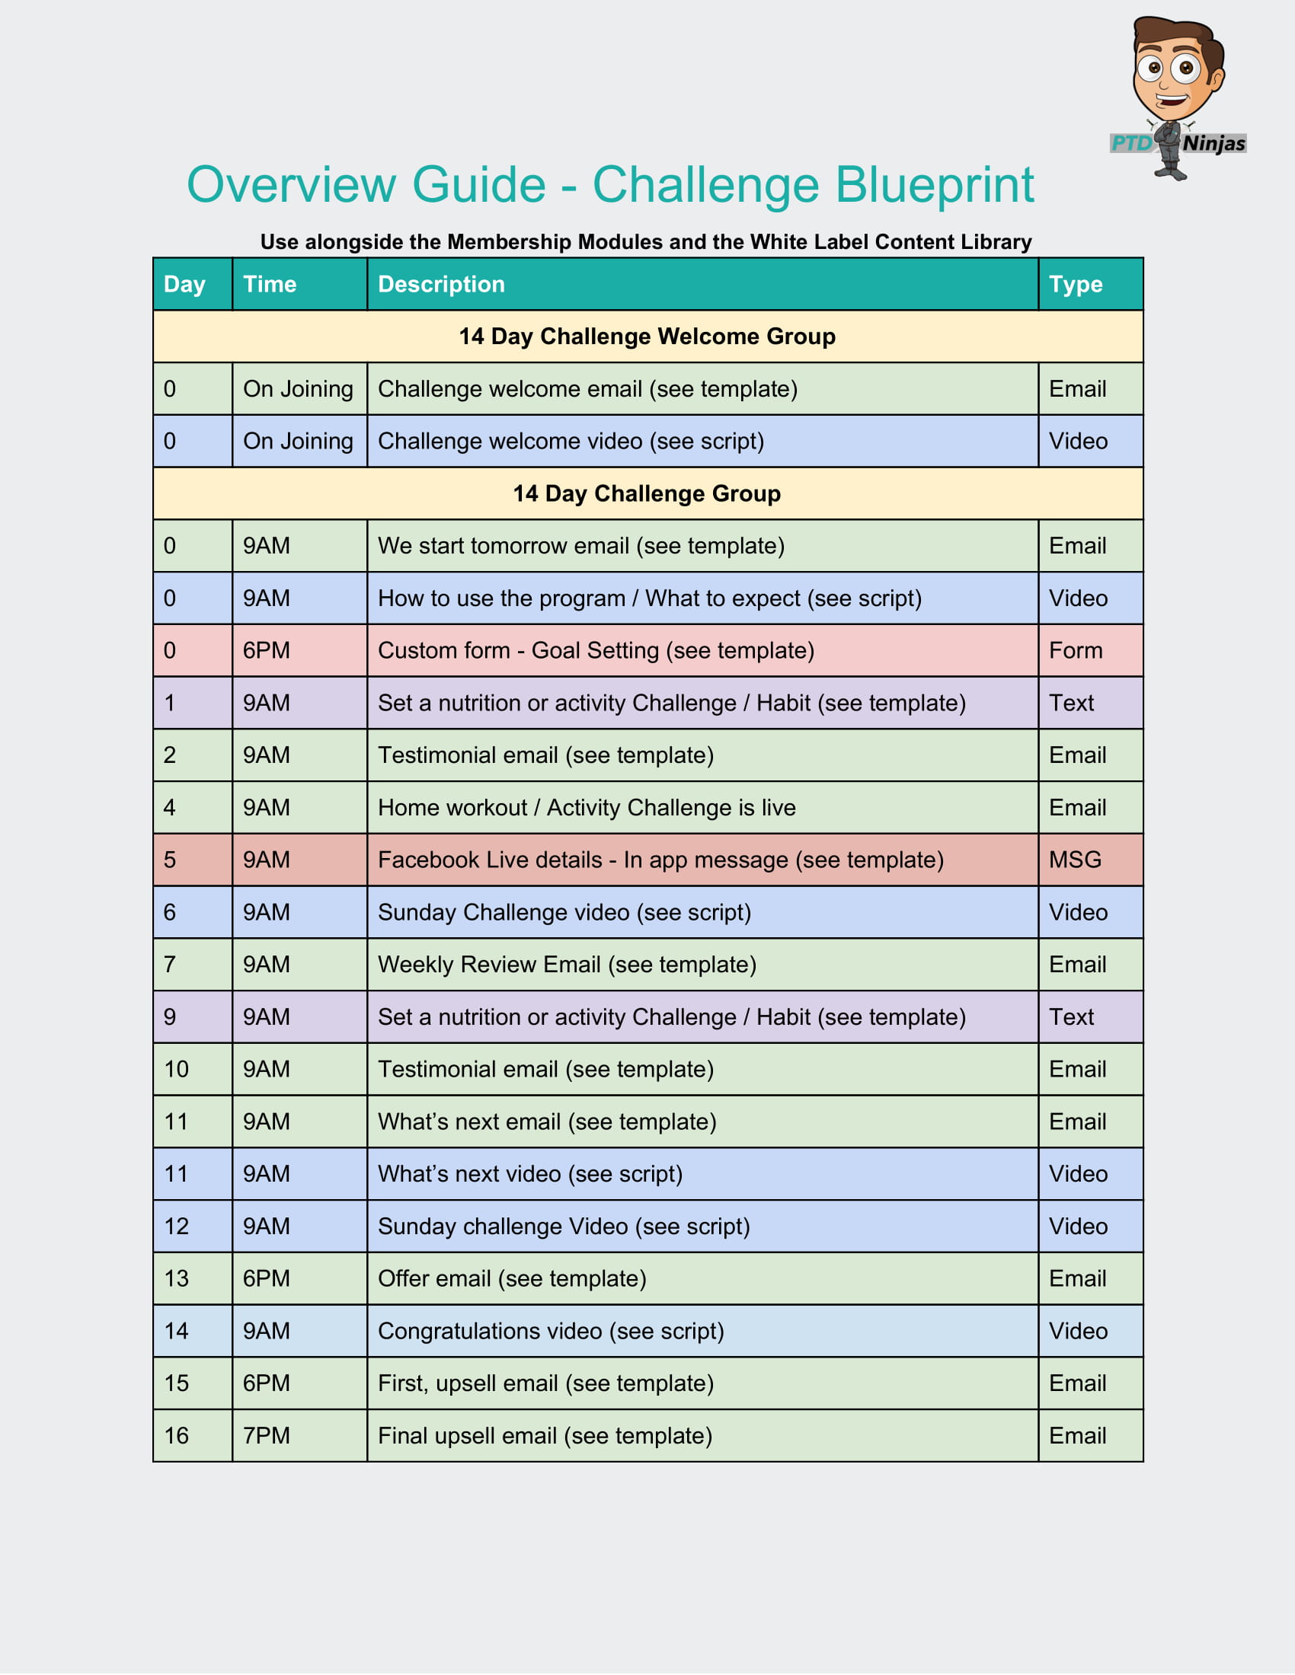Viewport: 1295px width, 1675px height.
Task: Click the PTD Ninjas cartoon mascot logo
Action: pos(1178,96)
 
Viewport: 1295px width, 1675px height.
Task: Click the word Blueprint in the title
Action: pos(934,185)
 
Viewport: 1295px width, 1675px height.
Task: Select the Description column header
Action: pos(441,285)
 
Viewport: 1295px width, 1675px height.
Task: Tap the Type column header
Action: pos(1076,285)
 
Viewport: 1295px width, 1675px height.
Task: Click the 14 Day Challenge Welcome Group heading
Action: pos(647,337)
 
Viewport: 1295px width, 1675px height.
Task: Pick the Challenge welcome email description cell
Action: pos(587,390)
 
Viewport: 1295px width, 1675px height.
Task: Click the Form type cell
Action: pos(1076,651)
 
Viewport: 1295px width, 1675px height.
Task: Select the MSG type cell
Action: pos(1075,860)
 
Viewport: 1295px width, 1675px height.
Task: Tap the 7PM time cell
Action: pos(266,1437)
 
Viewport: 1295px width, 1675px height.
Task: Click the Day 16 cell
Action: pos(177,1437)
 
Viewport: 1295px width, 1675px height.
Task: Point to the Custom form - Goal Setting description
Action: pos(596,651)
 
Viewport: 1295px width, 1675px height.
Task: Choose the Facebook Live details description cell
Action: pos(660,860)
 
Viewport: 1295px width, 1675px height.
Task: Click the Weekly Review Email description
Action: pos(567,965)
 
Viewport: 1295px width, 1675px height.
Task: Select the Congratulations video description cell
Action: pos(551,1332)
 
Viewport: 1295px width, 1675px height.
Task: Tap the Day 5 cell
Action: pos(170,860)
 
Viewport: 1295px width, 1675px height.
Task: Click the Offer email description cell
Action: pos(512,1279)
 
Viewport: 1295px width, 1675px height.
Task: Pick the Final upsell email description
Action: pos(545,1437)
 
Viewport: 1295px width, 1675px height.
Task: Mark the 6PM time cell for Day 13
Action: pos(266,1279)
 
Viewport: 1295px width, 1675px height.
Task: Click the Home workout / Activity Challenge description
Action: pos(587,809)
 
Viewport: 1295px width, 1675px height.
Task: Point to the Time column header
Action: pos(269,285)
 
